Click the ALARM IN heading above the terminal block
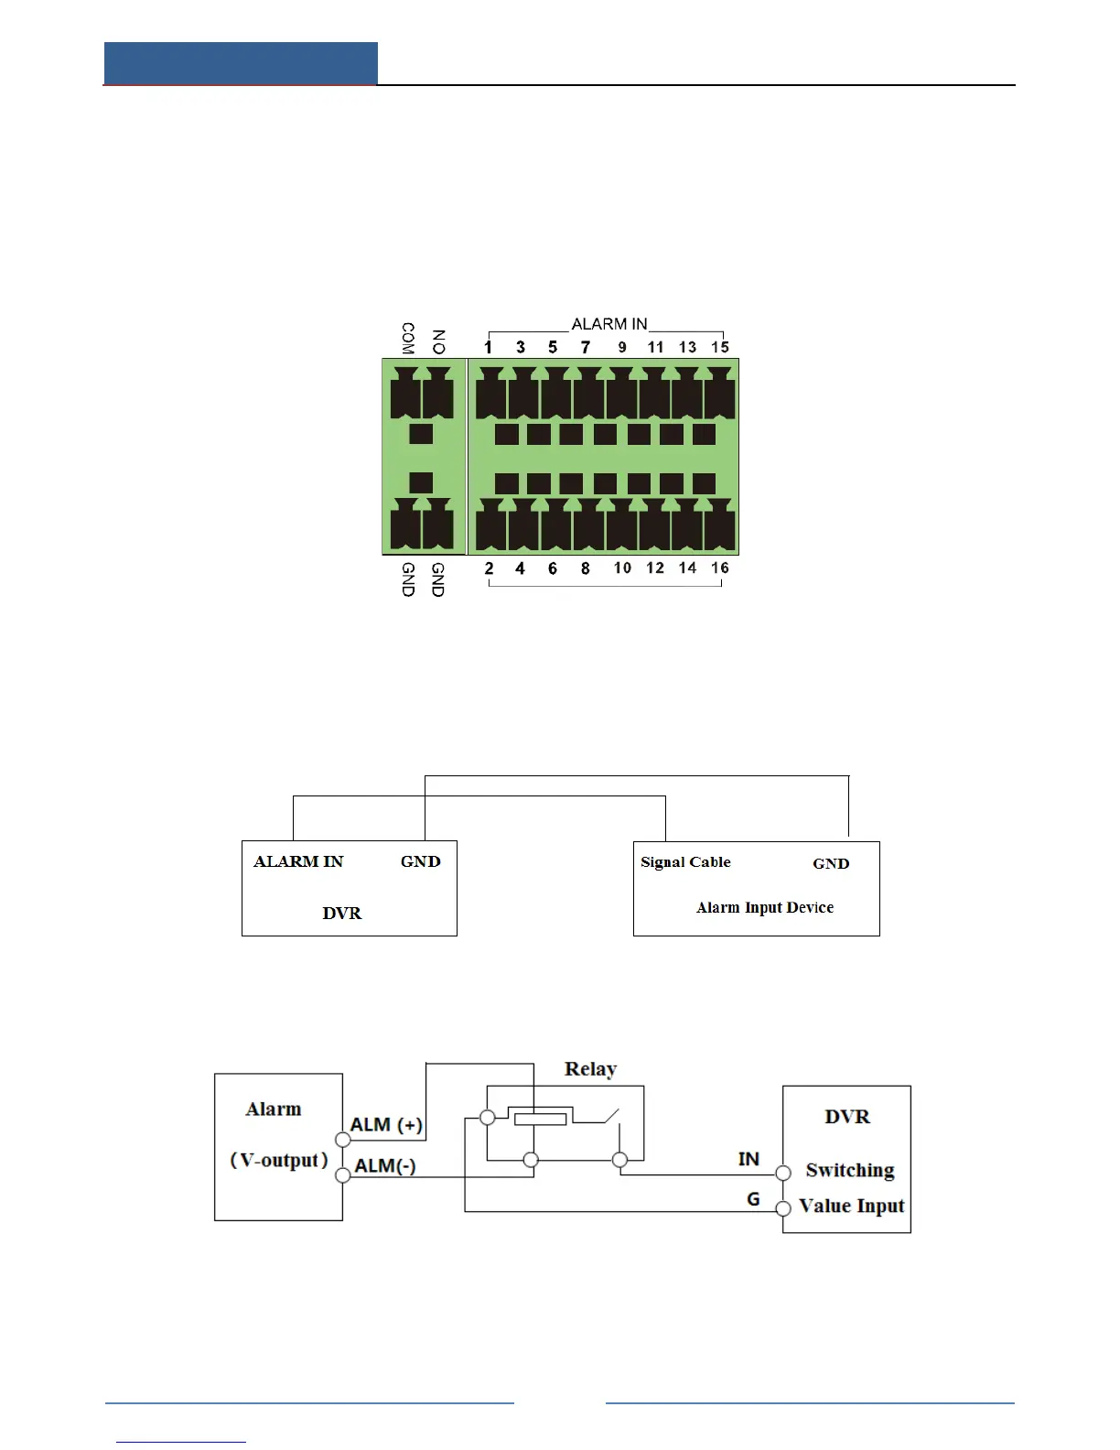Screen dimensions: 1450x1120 pos(609,324)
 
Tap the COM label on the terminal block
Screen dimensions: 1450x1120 pos(408,338)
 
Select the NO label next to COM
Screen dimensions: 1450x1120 pos(438,341)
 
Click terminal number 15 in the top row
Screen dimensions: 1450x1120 pos(720,347)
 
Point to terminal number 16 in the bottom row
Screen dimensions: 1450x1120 pos(720,568)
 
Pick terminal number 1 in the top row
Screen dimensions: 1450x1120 pos(489,347)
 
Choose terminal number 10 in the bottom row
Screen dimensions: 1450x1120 pos(622,568)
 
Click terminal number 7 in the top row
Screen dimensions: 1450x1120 pos(586,347)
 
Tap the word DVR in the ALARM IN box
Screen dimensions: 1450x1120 pos(342,914)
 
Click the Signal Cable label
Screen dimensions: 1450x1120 pos(685,862)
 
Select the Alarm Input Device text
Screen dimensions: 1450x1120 pos(765,908)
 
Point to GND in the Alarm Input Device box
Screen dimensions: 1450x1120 pos(831,864)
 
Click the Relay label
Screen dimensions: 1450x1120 pos(590,1069)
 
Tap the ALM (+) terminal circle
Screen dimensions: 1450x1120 pos(343,1140)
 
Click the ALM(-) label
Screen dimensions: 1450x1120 pos(385,1166)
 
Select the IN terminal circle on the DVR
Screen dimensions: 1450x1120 pos(783,1173)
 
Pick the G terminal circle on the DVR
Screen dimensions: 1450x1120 pos(783,1209)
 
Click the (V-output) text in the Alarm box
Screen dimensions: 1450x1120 pos(279,1161)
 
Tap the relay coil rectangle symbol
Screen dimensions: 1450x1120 pos(540,1118)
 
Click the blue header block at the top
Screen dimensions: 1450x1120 pos(241,63)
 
